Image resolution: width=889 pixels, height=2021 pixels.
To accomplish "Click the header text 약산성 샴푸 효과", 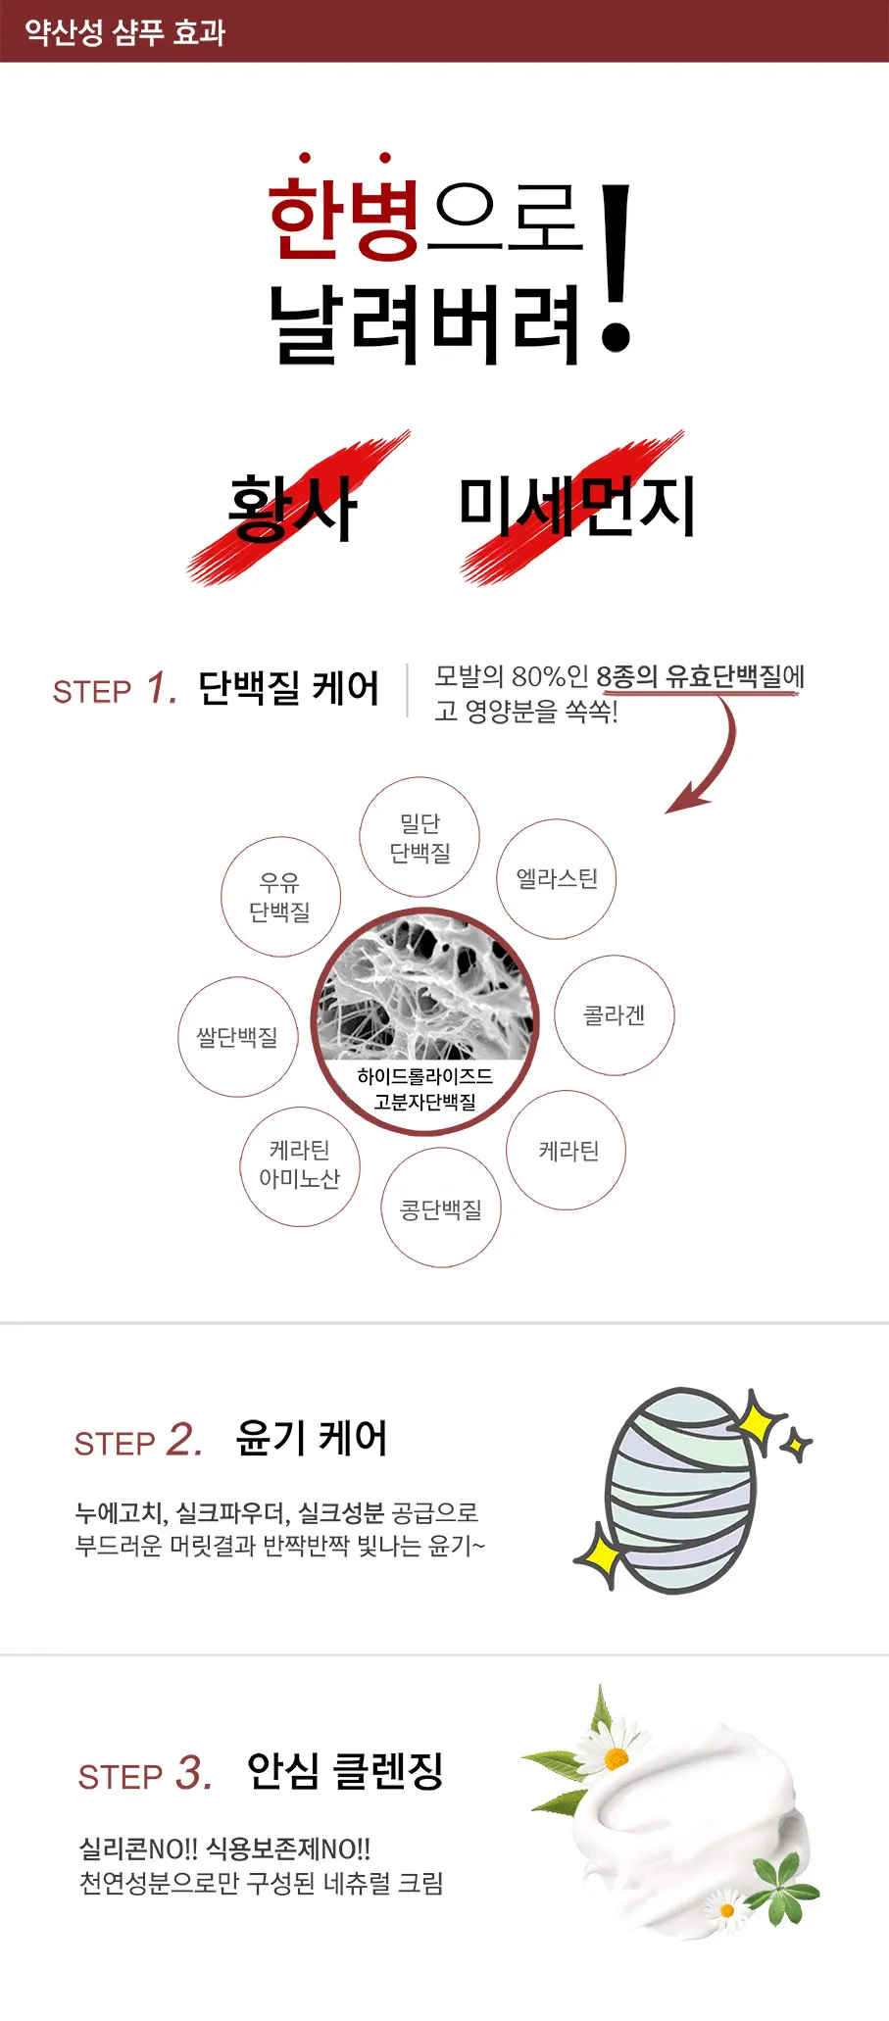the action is tap(124, 32).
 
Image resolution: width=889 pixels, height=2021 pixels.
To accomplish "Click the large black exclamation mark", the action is tap(616, 268).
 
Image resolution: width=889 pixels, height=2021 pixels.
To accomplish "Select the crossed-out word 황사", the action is tap(292, 509).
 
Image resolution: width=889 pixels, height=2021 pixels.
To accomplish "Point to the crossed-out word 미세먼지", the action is tap(577, 507).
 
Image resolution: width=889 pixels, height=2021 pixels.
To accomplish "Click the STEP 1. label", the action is tap(115, 689).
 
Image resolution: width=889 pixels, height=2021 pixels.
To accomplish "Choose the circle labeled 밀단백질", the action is tap(420, 837).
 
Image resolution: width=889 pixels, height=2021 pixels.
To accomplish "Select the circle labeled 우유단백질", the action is tap(280, 897).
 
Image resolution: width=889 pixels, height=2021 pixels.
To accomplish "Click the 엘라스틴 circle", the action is tap(557, 879).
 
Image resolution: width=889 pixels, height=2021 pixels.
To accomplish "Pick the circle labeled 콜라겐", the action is tap(615, 1015).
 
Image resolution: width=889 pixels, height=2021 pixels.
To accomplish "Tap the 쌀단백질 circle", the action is tap(237, 1037).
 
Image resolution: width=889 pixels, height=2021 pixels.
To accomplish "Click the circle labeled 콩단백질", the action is tap(441, 1208).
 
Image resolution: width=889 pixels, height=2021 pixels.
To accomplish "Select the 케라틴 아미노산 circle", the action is tap(300, 1166).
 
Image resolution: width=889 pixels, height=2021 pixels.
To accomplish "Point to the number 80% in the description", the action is tap(537, 676).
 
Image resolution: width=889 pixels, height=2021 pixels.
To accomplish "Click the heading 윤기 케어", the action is tap(312, 1439).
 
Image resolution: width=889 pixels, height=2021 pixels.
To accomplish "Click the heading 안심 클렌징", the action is tap(345, 1771).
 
